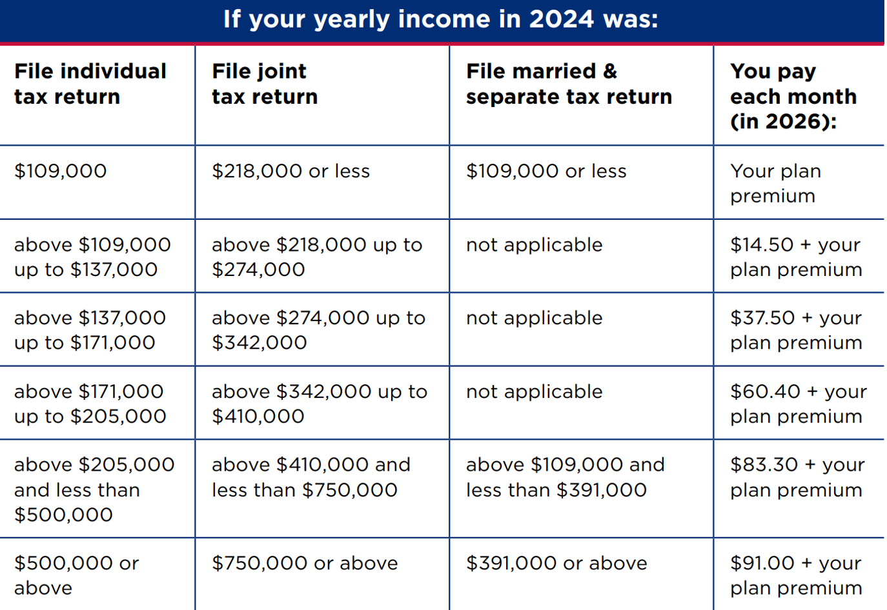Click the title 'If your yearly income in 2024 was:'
pos(441,19)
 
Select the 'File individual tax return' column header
pos(90,84)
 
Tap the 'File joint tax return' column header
pos(265,84)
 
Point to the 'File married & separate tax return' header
pos(569,84)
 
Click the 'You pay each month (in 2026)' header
pos(793,96)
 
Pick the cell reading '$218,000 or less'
pos(291,171)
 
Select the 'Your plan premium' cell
pos(775,183)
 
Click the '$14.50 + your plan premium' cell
pos(796,257)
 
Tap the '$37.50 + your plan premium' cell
pos(796,330)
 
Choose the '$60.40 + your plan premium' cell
pos(798,404)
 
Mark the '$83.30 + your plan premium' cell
pos(797,477)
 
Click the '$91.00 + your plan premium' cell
pos(796,575)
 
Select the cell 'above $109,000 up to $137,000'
pos(92,257)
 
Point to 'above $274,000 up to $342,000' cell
pos(318,330)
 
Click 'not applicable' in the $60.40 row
pos(534,391)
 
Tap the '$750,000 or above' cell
pos(305,563)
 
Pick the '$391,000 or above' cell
pos(556,563)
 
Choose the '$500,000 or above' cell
pos(76,575)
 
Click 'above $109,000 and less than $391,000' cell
pos(565,477)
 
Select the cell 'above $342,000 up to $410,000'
pos(319,404)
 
